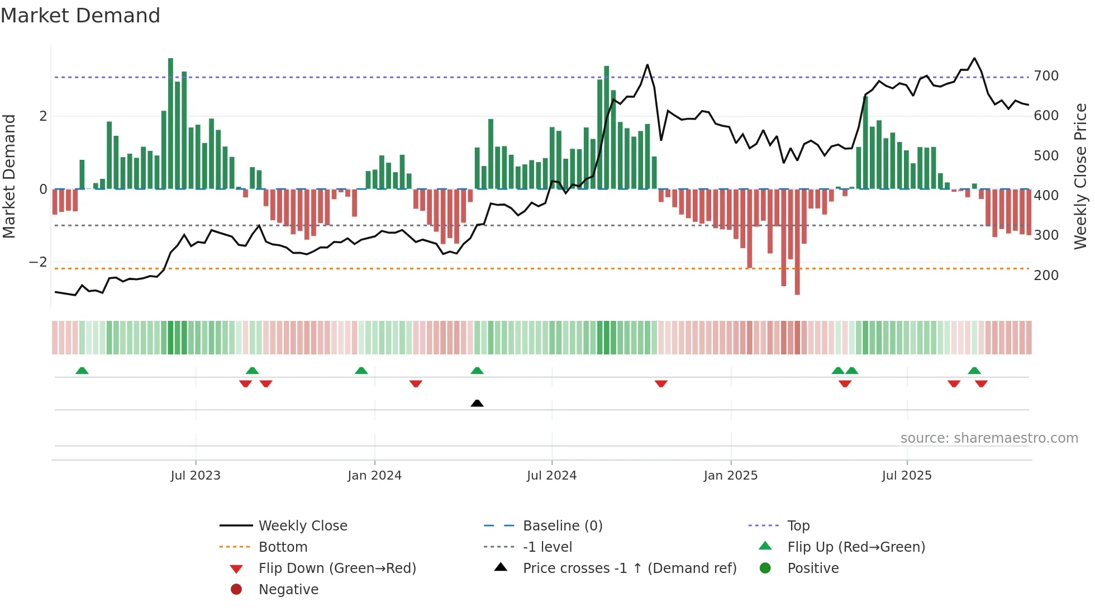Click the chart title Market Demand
point(80,16)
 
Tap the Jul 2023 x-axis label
point(196,476)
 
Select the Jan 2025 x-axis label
point(730,476)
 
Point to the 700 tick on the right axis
point(1046,76)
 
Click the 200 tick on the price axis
point(1046,276)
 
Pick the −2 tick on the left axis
point(38,262)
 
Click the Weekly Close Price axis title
point(1080,176)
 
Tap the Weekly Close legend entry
point(302,526)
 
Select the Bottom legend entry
point(283,547)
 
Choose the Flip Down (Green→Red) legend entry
point(337,568)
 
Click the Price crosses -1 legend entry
point(629,568)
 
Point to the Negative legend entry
point(288,590)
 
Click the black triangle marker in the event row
point(477,403)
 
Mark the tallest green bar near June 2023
point(170,123)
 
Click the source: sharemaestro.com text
point(989,438)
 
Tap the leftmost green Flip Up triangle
point(82,371)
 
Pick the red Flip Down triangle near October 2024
point(661,383)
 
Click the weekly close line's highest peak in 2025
point(974,58)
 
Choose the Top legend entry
point(798,526)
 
